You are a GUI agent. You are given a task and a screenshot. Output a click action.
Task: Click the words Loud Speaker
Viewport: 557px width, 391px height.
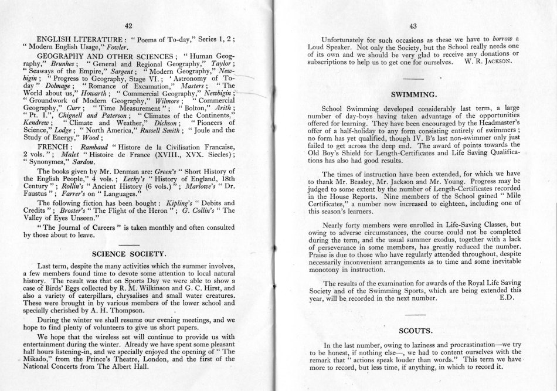(327, 47)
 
